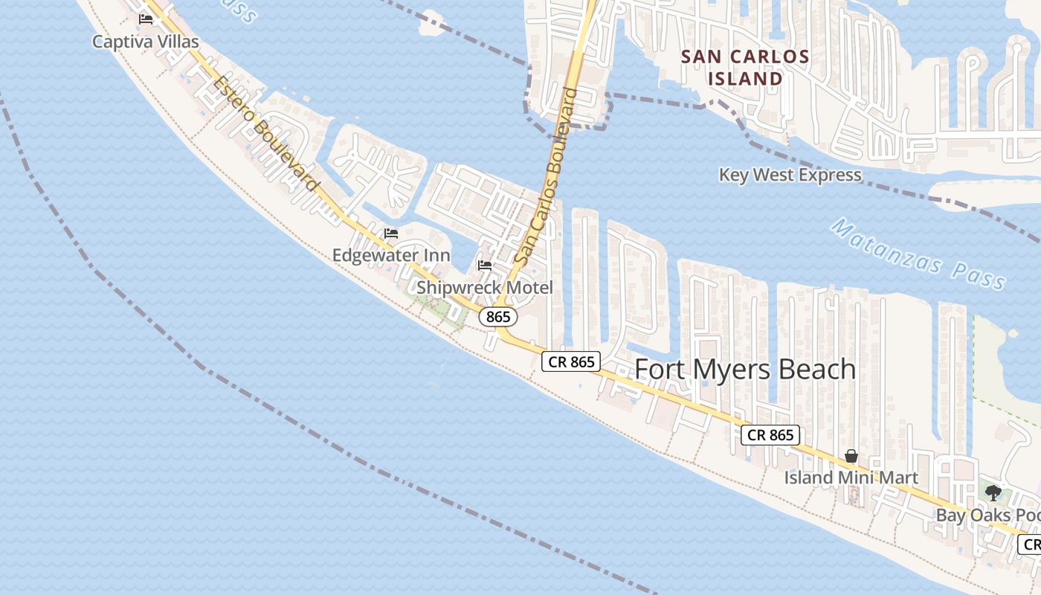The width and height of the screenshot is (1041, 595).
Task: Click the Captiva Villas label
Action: point(146,41)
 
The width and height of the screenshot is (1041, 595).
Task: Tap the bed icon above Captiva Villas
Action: point(146,19)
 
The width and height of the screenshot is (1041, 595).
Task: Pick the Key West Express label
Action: point(790,175)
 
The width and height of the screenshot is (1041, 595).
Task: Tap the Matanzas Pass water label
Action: point(918,254)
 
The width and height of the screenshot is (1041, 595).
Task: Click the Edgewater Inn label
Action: point(391,255)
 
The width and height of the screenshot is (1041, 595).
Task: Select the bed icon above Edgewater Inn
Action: point(391,234)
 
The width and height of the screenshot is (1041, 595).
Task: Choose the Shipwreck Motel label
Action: point(485,287)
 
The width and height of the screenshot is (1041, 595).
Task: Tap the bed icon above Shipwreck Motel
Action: point(485,265)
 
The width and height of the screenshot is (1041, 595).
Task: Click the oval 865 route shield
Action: point(497,317)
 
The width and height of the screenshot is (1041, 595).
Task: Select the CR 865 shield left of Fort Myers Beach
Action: point(570,361)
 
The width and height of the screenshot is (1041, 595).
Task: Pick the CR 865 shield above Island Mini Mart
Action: point(770,435)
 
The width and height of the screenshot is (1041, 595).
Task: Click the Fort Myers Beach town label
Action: point(745,370)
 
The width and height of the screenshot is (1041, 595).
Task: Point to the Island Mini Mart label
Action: point(851,477)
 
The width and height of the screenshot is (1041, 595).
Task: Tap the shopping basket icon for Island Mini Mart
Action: point(851,456)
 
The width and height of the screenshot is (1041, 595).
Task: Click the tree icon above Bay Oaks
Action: point(993,492)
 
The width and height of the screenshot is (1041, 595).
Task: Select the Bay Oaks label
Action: point(987,515)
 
